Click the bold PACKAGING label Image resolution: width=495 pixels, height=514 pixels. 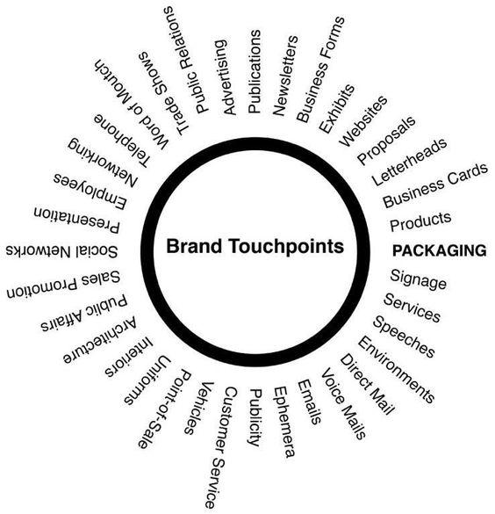pos(440,250)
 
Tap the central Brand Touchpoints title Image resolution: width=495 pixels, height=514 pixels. pos(255,246)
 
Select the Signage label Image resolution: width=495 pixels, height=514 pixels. pos(418,279)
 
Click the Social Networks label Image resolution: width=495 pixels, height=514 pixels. pos(61,251)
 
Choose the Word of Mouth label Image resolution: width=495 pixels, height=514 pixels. pos(132,105)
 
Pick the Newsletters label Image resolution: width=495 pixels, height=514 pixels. pos(285,76)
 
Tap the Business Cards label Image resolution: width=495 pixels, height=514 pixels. pos(435,185)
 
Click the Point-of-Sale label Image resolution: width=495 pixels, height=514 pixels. pos(164,409)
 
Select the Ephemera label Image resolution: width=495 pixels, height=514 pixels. pos(284,422)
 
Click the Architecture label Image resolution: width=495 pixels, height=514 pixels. pos(100,340)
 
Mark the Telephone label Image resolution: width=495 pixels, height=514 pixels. pos(123,141)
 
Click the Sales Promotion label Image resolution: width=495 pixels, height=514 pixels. pos(63,285)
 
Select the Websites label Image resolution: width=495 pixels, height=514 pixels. pos(362,121)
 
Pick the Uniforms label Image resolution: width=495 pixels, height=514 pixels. pos(147,380)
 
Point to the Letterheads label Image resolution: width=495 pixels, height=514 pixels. pos(409,162)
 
